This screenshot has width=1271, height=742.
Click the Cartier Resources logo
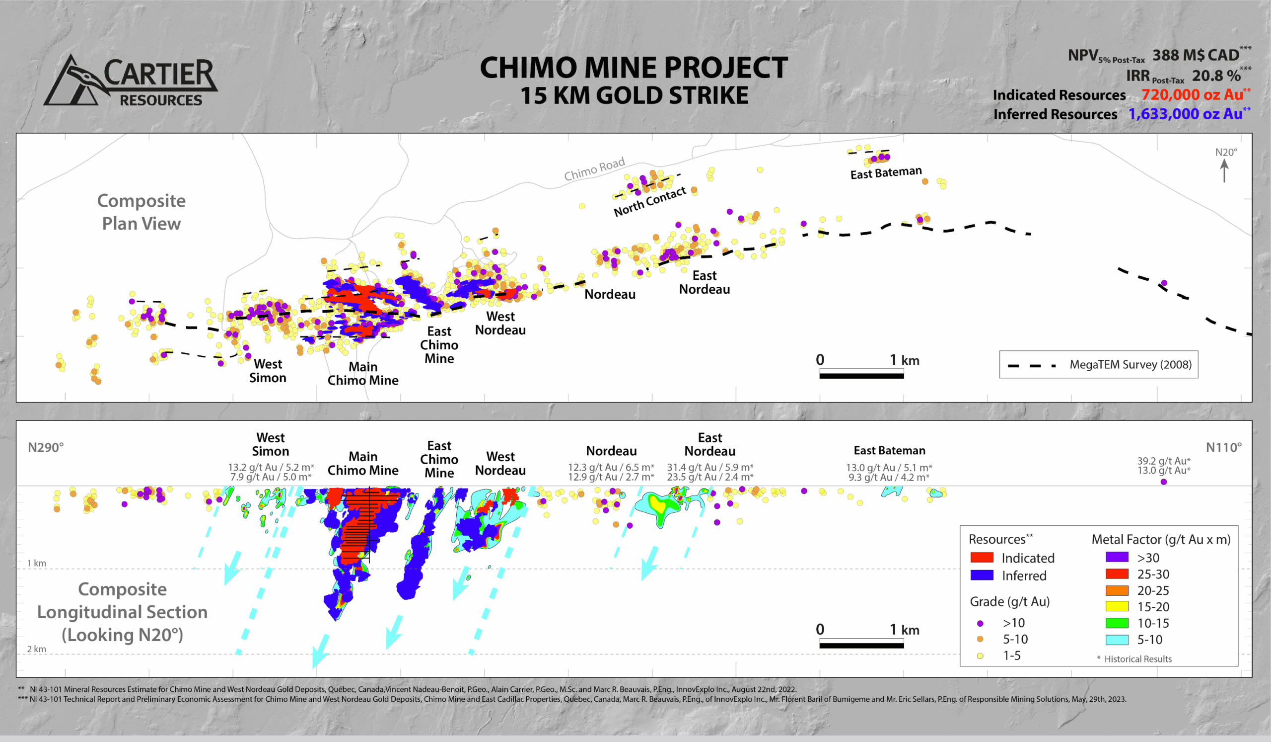pos(131,81)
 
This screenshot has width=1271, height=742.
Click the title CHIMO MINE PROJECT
pos(634,68)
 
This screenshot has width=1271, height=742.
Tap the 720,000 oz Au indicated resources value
pos(1193,95)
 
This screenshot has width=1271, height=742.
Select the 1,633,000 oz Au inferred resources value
pos(1185,114)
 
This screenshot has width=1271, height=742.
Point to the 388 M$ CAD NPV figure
pos(1196,55)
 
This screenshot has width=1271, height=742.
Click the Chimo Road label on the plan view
pos(594,168)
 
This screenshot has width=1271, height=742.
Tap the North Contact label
pos(649,201)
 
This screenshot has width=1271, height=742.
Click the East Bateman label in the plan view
pos(886,172)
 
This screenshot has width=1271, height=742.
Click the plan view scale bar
pos(861,374)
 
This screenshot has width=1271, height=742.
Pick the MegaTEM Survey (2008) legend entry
pos(1130,364)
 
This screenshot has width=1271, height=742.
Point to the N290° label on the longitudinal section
pos(46,447)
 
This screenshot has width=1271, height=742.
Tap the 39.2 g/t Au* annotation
pos(1163,461)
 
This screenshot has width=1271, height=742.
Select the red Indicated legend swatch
pos(982,558)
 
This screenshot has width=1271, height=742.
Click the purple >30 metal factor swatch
pos(1117,557)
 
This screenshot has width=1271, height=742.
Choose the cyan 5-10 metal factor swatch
pos(1117,640)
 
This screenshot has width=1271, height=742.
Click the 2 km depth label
pos(36,649)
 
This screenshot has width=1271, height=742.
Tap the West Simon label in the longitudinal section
pos(271,444)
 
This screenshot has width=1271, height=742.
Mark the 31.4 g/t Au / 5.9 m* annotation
pos(709,467)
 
